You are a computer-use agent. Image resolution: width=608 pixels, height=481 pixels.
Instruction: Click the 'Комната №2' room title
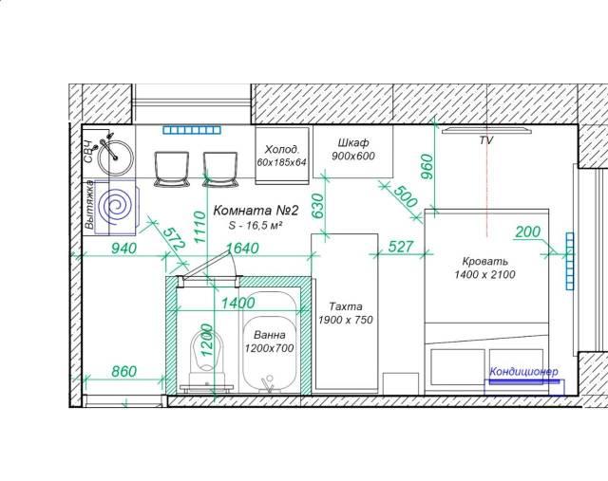[x=256, y=211]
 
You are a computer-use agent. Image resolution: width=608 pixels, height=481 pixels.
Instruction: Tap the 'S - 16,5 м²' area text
[x=255, y=225]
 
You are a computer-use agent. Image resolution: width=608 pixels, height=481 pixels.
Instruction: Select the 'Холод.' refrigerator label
[x=282, y=150]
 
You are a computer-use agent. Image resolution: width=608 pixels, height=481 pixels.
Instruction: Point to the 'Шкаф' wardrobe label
[x=352, y=143]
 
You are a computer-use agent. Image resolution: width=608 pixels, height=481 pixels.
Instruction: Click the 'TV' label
[x=485, y=140]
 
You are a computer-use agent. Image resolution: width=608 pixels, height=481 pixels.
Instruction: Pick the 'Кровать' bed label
[x=485, y=261]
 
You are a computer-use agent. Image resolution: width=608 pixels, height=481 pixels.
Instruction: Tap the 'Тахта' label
[x=346, y=306]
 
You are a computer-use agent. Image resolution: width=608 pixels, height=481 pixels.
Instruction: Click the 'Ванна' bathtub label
[x=270, y=335]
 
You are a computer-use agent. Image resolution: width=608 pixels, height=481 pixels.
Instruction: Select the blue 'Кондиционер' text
[x=523, y=372]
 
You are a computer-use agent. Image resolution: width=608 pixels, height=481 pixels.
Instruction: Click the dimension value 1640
[x=242, y=249]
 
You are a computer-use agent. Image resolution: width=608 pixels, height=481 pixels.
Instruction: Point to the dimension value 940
[x=124, y=249]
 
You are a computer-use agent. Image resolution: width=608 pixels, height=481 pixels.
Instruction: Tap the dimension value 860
[x=124, y=372]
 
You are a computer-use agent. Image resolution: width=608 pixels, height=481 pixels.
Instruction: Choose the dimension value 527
[x=401, y=247]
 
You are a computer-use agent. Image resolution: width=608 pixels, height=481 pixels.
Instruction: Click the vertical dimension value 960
[x=427, y=167]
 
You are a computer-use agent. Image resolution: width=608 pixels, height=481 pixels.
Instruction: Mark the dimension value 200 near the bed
[x=528, y=231]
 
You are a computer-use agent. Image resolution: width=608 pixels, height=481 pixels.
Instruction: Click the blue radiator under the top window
[x=192, y=130]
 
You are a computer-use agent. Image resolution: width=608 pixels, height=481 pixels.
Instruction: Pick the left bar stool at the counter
[x=171, y=169]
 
